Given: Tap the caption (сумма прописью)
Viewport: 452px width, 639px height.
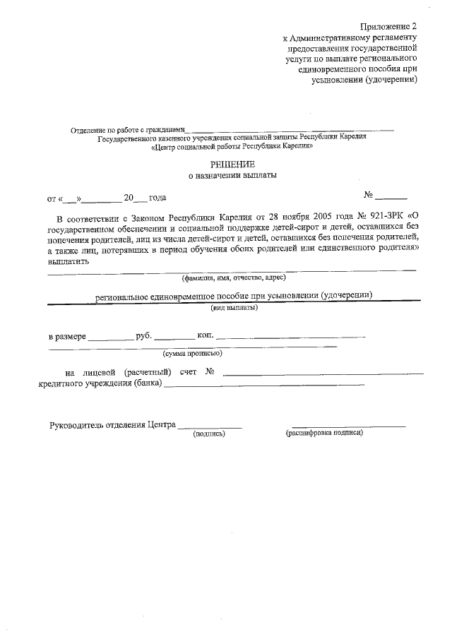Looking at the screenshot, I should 192,353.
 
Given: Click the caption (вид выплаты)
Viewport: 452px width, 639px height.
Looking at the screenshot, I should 234,308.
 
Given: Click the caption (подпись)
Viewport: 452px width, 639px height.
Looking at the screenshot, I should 209,433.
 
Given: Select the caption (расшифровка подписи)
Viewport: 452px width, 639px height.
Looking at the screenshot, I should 324,432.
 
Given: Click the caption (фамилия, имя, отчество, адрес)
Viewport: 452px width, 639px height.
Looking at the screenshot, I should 233,278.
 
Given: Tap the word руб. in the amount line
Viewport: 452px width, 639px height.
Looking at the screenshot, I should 143,336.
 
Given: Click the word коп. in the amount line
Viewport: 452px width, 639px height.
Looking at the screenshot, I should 206,336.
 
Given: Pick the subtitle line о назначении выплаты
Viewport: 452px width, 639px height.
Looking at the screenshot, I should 232,177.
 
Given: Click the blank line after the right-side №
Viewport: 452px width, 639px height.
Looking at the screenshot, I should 391,198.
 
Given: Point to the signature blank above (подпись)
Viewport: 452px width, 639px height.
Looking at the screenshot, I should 210,426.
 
